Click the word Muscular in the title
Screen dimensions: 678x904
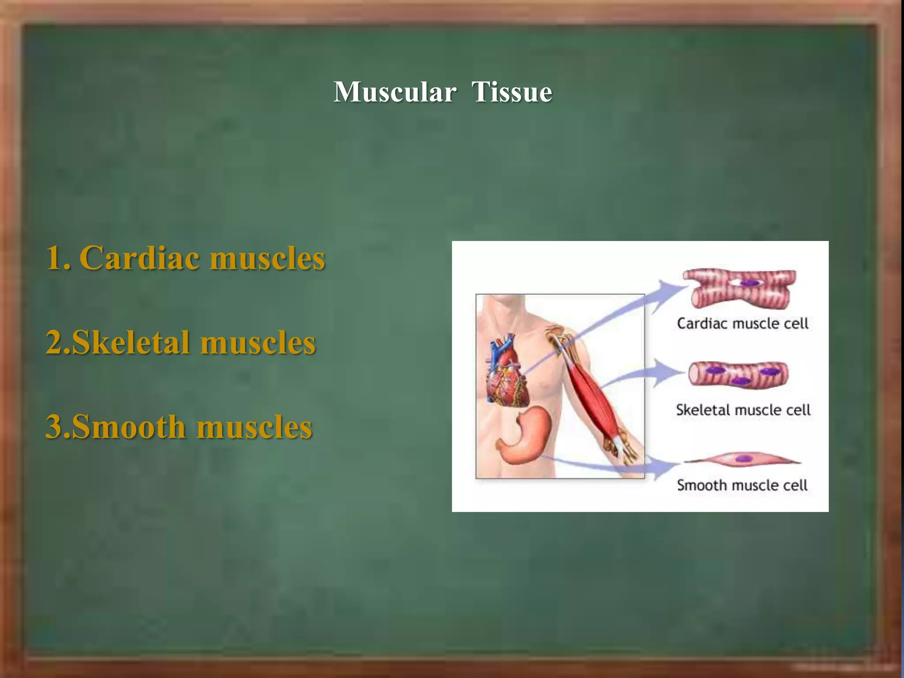[x=394, y=92]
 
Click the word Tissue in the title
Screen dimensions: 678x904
[x=512, y=92]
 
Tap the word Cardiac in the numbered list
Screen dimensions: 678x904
[x=139, y=258]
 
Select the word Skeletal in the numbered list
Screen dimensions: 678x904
[x=131, y=343]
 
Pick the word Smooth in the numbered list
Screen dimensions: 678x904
[x=128, y=427]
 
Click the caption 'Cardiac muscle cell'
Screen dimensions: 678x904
[x=742, y=324]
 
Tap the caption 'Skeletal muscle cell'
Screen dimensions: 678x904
[x=743, y=410]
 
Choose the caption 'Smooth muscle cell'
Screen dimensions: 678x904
[x=742, y=486]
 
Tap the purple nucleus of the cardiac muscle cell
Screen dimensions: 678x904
[x=749, y=282]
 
